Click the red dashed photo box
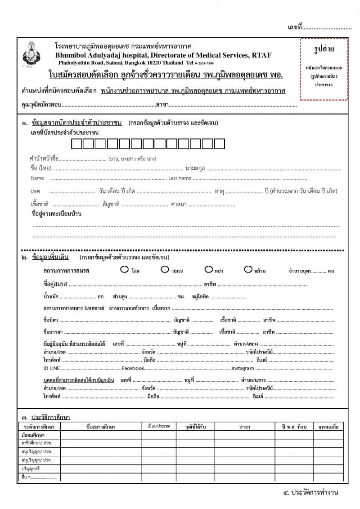(x=324, y=69)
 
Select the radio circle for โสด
(x=124, y=270)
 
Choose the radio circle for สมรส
(x=164, y=270)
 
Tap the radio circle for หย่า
(x=208, y=270)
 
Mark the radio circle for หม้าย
(x=247, y=270)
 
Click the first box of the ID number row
(x=77, y=144)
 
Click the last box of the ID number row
(x=219, y=144)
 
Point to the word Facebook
(x=133, y=368)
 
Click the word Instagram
(x=243, y=368)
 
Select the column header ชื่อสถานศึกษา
(x=101, y=427)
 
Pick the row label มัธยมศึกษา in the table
(x=33, y=435)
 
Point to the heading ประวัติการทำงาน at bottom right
(x=311, y=492)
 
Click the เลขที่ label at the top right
(x=294, y=28)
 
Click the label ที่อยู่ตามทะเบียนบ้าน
(x=56, y=214)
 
